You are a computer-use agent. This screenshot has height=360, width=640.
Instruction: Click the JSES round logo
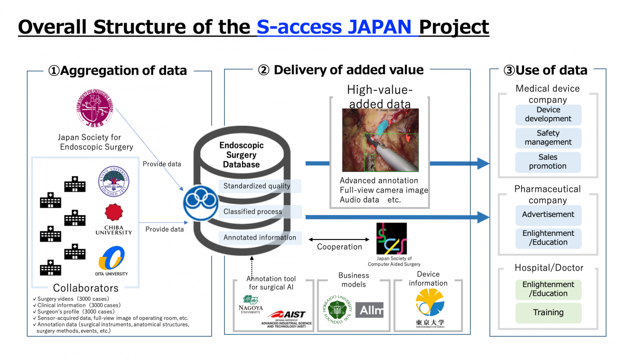(x=95, y=108)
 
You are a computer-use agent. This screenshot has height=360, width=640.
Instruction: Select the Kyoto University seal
(x=113, y=182)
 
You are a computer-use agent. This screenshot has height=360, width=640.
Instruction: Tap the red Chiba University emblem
(x=114, y=212)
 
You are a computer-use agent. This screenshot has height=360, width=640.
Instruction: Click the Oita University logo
(x=111, y=258)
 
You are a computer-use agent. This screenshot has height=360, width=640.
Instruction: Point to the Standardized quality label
(x=257, y=186)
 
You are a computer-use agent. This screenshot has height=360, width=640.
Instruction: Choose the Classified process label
(x=252, y=212)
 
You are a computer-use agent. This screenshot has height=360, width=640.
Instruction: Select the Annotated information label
(x=260, y=237)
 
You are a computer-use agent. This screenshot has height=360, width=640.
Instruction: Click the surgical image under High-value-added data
(x=380, y=140)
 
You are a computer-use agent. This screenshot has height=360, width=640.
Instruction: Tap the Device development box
(x=548, y=115)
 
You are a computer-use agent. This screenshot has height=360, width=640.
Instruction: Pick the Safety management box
(x=548, y=138)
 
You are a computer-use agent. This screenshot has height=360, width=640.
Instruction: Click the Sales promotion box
(x=548, y=162)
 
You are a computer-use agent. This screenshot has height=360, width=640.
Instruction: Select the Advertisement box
(x=548, y=215)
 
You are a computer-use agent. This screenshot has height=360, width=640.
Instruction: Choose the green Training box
(x=548, y=313)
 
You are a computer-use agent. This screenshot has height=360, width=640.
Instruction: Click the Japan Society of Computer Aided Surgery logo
(x=391, y=238)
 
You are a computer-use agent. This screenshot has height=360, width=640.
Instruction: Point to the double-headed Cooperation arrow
(x=339, y=240)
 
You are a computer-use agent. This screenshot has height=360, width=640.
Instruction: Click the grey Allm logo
(x=370, y=310)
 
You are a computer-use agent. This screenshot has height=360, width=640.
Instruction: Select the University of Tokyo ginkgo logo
(x=430, y=303)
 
